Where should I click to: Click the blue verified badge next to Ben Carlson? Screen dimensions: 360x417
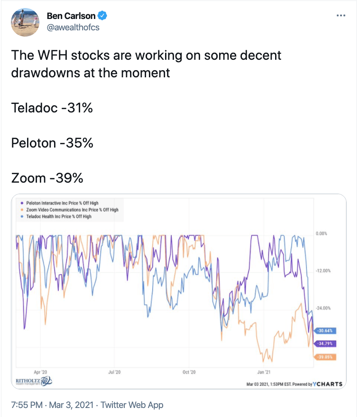click(x=102, y=16)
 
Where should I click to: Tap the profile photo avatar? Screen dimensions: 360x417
click(x=25, y=22)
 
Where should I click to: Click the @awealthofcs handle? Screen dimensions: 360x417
click(x=73, y=28)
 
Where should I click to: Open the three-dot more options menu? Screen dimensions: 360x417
click(x=341, y=16)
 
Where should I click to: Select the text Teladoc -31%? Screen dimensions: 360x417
click(x=52, y=108)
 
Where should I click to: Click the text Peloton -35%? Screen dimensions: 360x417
click(x=52, y=143)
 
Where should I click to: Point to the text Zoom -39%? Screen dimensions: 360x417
click(x=47, y=178)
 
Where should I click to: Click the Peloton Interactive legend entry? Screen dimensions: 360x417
click(x=60, y=203)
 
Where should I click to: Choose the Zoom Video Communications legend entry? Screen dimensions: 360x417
click(x=70, y=210)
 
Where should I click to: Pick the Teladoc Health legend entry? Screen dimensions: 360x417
click(x=56, y=216)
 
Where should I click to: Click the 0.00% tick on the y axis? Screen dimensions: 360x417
click(x=322, y=233)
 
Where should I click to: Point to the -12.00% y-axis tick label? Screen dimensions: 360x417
click(x=323, y=271)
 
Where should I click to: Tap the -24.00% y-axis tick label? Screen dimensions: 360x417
click(x=323, y=308)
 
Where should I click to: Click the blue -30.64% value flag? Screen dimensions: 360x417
click(x=325, y=331)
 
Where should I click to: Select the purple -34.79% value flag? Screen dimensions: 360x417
click(x=325, y=343)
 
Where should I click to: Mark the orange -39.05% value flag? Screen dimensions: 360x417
click(x=325, y=357)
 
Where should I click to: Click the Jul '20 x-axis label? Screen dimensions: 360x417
click(x=114, y=372)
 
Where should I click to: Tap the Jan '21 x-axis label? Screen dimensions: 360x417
click(x=264, y=372)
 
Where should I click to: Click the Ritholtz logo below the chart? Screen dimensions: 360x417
click(x=34, y=381)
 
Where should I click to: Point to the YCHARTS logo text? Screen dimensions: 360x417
click(x=328, y=384)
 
